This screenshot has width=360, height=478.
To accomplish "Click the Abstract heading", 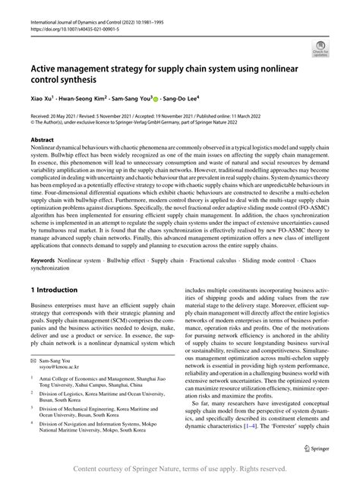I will coord(44,140).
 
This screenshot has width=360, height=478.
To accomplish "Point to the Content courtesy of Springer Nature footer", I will coord(180,468).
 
